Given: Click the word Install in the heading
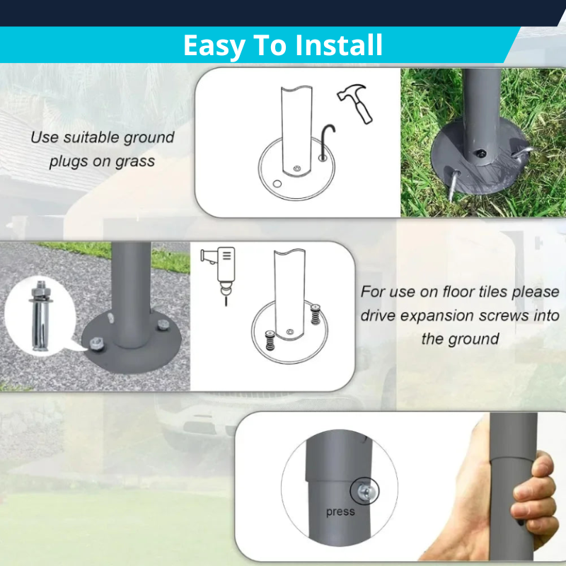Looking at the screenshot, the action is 339,45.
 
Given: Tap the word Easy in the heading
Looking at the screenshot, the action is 214,46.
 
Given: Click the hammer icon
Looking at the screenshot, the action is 356,103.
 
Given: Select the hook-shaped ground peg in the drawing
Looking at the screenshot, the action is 326,141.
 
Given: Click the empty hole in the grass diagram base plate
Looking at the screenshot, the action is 277,184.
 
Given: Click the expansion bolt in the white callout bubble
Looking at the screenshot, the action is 40,315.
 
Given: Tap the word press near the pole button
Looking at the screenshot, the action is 340,512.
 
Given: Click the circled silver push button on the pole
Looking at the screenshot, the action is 364,491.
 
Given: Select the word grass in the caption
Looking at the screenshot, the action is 134,162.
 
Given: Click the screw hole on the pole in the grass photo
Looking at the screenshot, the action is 481,153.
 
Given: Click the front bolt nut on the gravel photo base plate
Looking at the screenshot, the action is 96,343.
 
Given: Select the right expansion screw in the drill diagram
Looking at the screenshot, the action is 315,314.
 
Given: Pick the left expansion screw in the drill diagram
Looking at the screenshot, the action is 270,340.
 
